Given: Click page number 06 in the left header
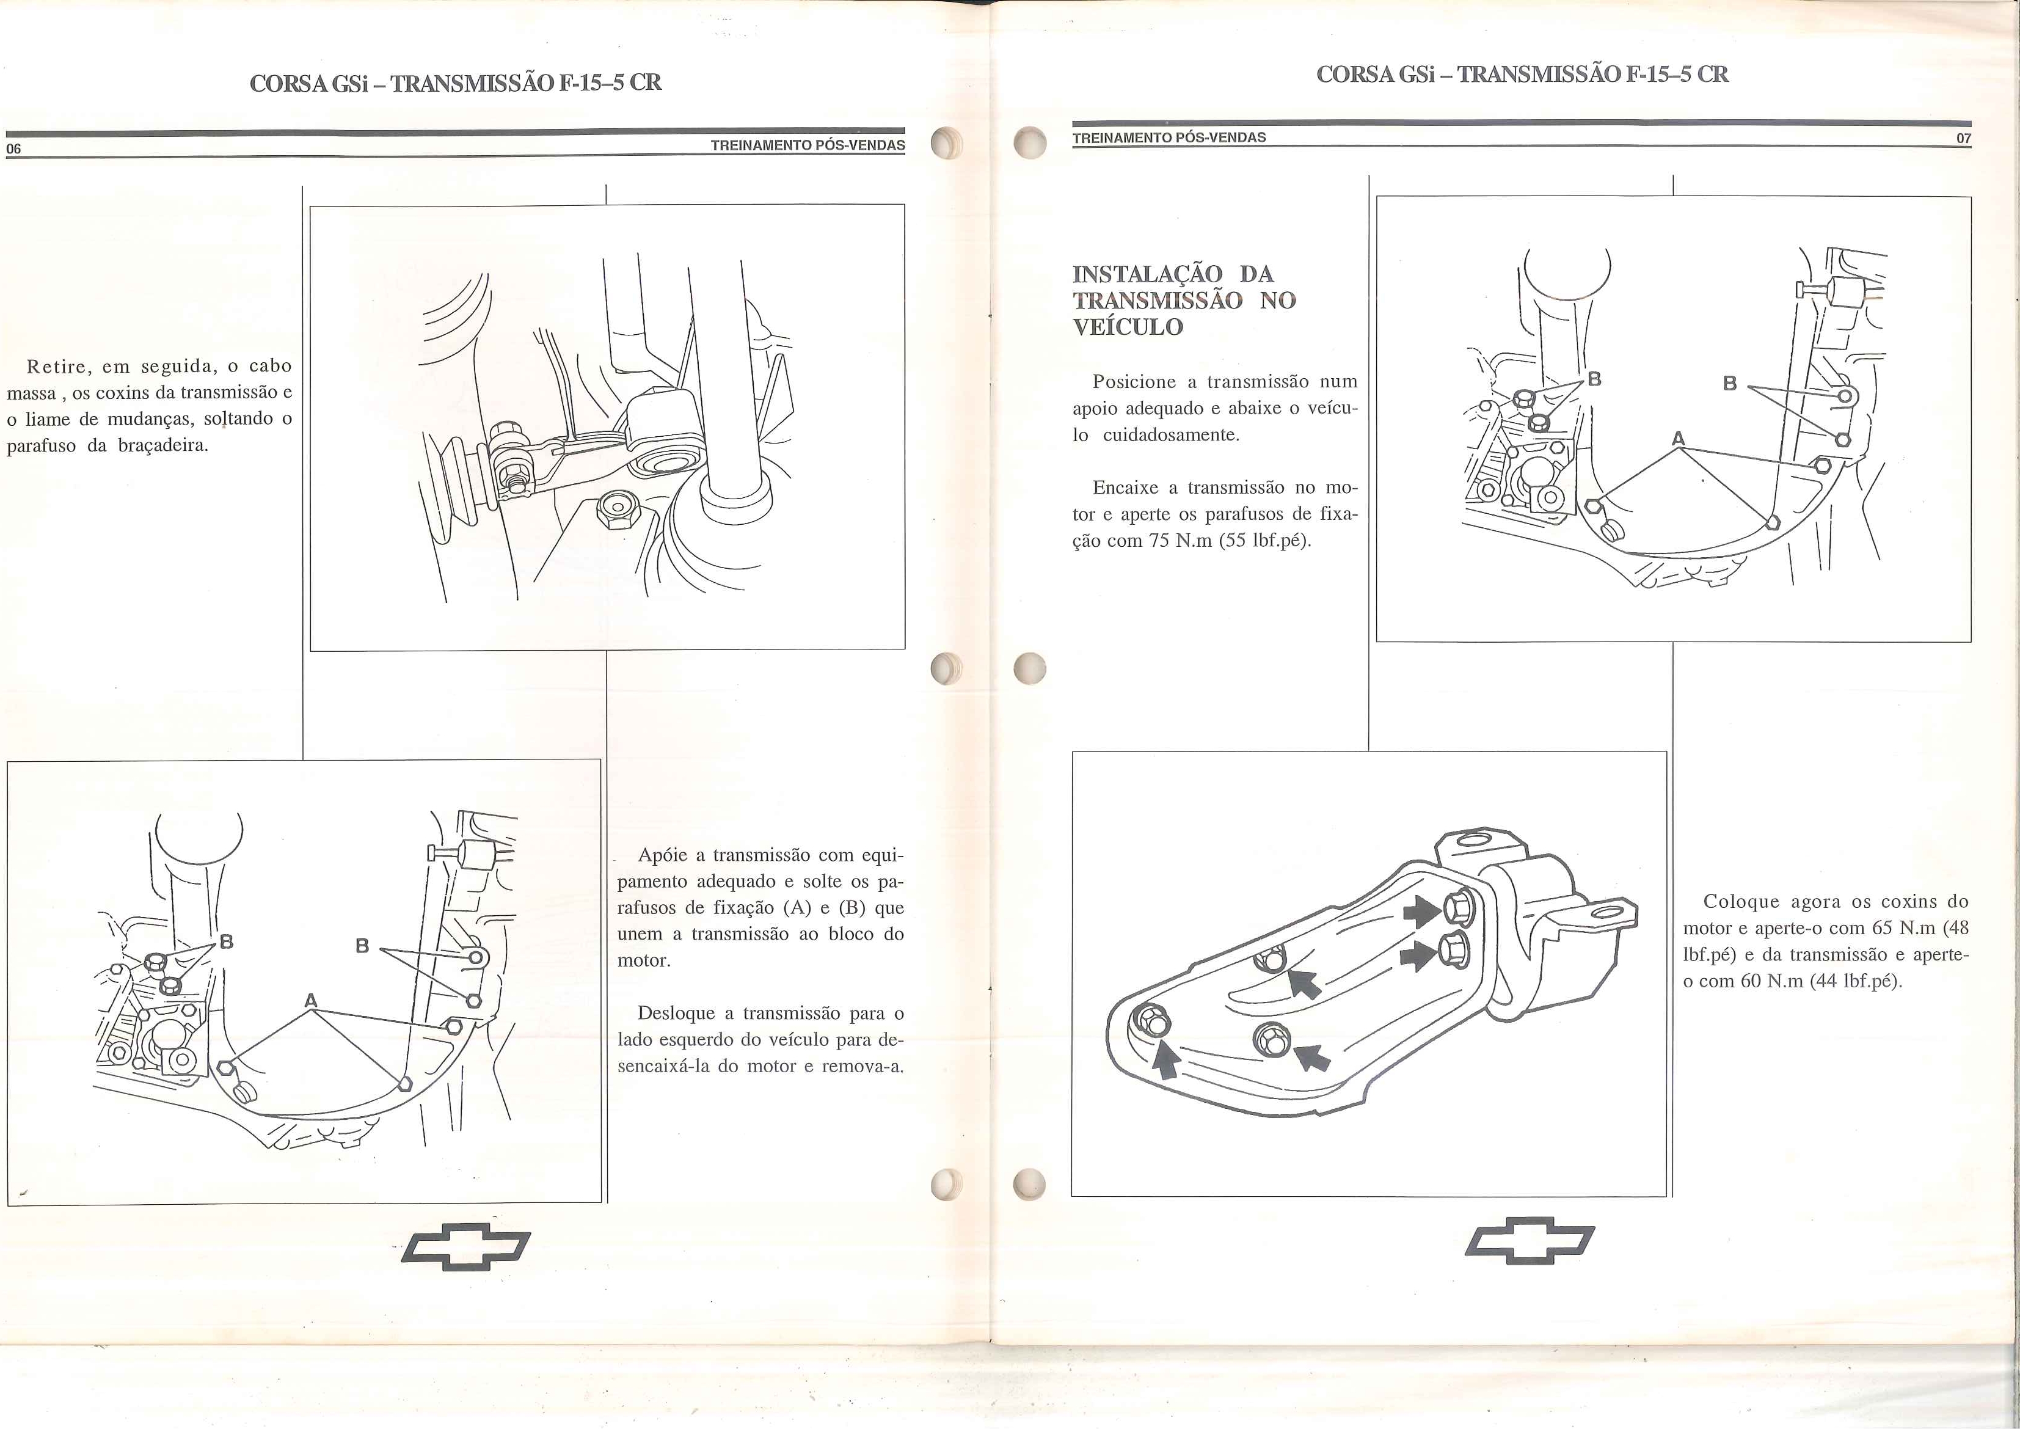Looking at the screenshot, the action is (x=13, y=148).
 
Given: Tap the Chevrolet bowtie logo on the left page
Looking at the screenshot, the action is (x=465, y=1245).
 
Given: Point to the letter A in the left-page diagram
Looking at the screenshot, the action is (x=310, y=1001).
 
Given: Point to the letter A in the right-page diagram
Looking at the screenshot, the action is (x=1679, y=438).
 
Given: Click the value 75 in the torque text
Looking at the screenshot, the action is (x=1159, y=540).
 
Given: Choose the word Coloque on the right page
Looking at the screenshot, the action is (x=1740, y=901).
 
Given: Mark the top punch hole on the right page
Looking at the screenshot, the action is (x=1029, y=144).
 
